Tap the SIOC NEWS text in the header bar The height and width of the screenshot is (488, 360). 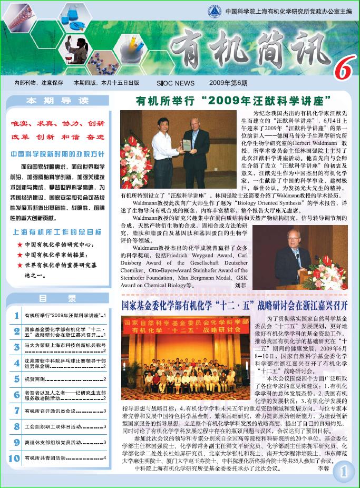176,83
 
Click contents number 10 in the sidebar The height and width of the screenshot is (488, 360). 14,458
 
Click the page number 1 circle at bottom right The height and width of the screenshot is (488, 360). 343,472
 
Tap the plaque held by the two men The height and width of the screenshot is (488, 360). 186,144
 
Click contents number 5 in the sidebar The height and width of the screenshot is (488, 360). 14,379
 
